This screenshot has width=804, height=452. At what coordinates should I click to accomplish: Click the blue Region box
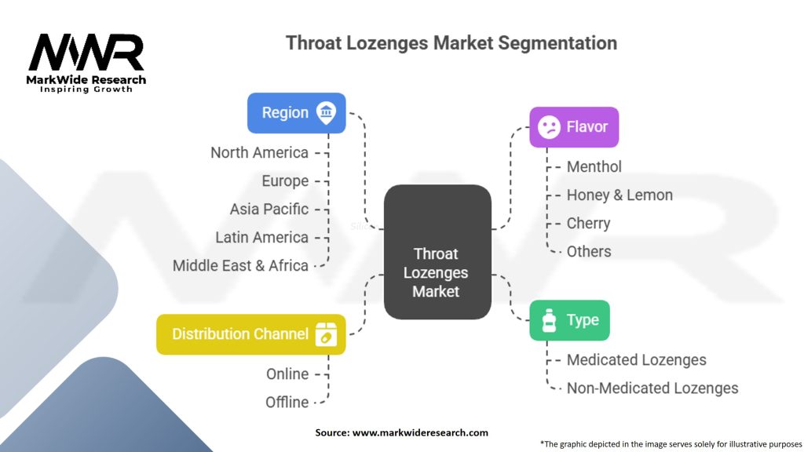point(296,113)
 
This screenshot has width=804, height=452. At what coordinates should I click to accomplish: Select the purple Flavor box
point(574,127)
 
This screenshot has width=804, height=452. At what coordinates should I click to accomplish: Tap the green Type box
point(569,320)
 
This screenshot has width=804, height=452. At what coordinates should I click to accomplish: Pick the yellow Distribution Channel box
point(250,334)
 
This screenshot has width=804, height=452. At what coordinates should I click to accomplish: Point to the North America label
point(259,153)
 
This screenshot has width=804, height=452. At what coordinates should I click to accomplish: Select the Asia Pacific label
point(269,210)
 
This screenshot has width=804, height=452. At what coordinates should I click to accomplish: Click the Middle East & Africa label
point(240,266)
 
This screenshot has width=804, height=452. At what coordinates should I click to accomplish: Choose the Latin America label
point(261,238)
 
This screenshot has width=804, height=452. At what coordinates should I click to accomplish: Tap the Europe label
point(285,181)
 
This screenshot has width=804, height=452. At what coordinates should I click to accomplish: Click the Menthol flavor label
point(594,167)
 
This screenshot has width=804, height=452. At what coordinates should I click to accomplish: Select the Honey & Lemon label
point(619,195)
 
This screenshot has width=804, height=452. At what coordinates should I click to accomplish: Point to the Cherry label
point(588,224)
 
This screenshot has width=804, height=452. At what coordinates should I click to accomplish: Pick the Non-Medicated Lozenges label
point(652,388)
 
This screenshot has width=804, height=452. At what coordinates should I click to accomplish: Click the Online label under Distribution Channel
point(287,374)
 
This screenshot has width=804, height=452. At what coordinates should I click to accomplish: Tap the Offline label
point(287,403)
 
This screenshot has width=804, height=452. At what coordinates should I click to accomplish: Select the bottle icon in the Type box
point(548,320)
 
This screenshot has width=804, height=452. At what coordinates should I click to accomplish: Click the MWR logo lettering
point(86,53)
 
